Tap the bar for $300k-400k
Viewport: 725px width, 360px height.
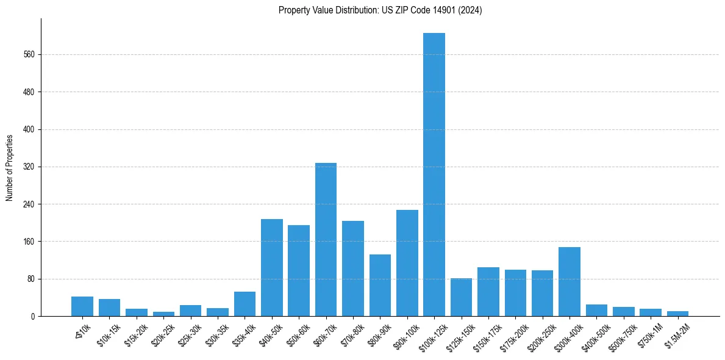pyautogui.click(x=570, y=281)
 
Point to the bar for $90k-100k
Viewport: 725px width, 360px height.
pyautogui.click(x=407, y=263)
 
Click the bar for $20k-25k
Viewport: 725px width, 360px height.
pyautogui.click(x=163, y=314)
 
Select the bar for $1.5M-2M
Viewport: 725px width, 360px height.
pyautogui.click(x=677, y=314)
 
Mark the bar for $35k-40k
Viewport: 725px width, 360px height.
pyautogui.click(x=245, y=304)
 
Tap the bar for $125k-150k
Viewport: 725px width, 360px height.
pyautogui.click(x=461, y=297)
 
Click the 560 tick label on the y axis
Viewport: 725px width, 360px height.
pyautogui.click(x=29, y=55)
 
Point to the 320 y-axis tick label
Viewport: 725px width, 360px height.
pyautogui.click(x=29, y=167)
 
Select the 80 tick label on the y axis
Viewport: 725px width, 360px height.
pyautogui.click(x=31, y=279)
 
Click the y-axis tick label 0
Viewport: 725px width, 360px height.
pyautogui.click(x=34, y=317)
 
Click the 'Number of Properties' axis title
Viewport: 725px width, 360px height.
pyautogui.click(x=10, y=167)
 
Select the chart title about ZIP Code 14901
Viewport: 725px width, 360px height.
pyautogui.click(x=380, y=10)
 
